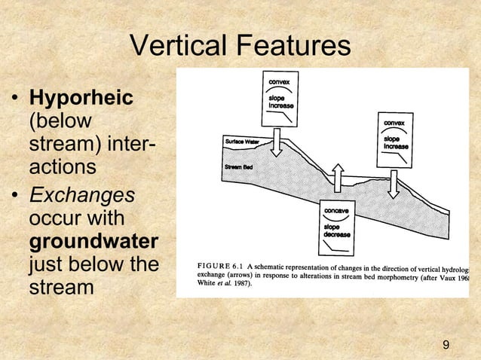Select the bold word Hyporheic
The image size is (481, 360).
coord(81,99)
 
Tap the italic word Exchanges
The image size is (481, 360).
coord(81,194)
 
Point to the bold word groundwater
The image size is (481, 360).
coord(93,243)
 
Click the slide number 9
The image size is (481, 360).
coord(446,345)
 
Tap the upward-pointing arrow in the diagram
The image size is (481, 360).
coord(339,179)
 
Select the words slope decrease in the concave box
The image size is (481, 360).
coord(336,230)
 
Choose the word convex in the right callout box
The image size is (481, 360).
coord(397,122)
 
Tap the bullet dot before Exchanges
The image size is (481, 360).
coord(14,196)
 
